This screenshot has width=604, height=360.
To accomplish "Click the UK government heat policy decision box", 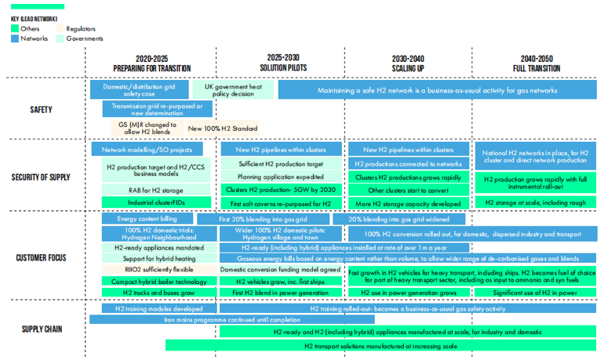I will [x=233, y=90].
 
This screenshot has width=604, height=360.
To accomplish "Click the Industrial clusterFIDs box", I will [x=157, y=202].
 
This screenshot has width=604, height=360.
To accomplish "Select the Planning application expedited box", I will [x=282, y=177].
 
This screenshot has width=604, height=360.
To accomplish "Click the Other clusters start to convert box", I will [x=408, y=190].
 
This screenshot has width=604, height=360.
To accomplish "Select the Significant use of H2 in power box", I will [x=536, y=293].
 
